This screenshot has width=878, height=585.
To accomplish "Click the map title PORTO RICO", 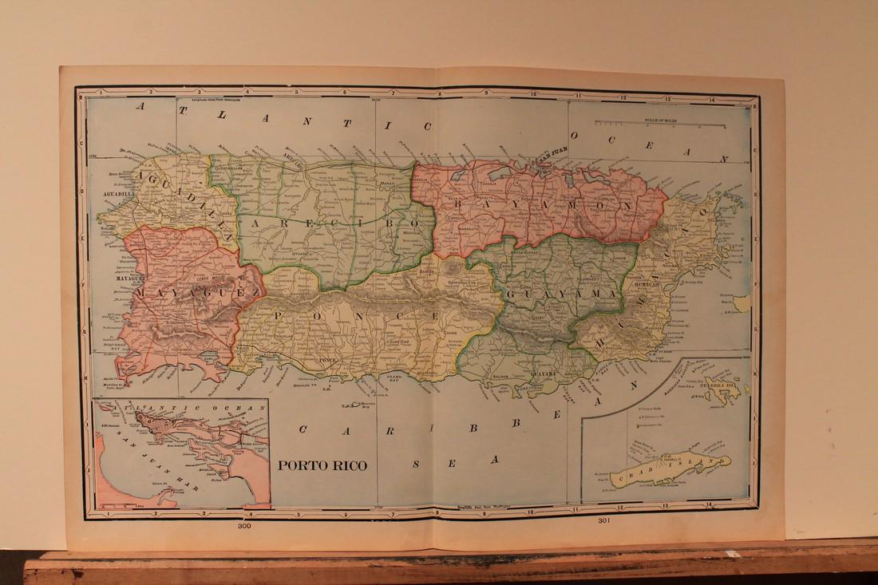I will click(x=322, y=465).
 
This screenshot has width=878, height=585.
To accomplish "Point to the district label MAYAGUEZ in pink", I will click(x=196, y=293).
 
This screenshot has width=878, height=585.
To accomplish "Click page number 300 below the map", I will click(x=244, y=527).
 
